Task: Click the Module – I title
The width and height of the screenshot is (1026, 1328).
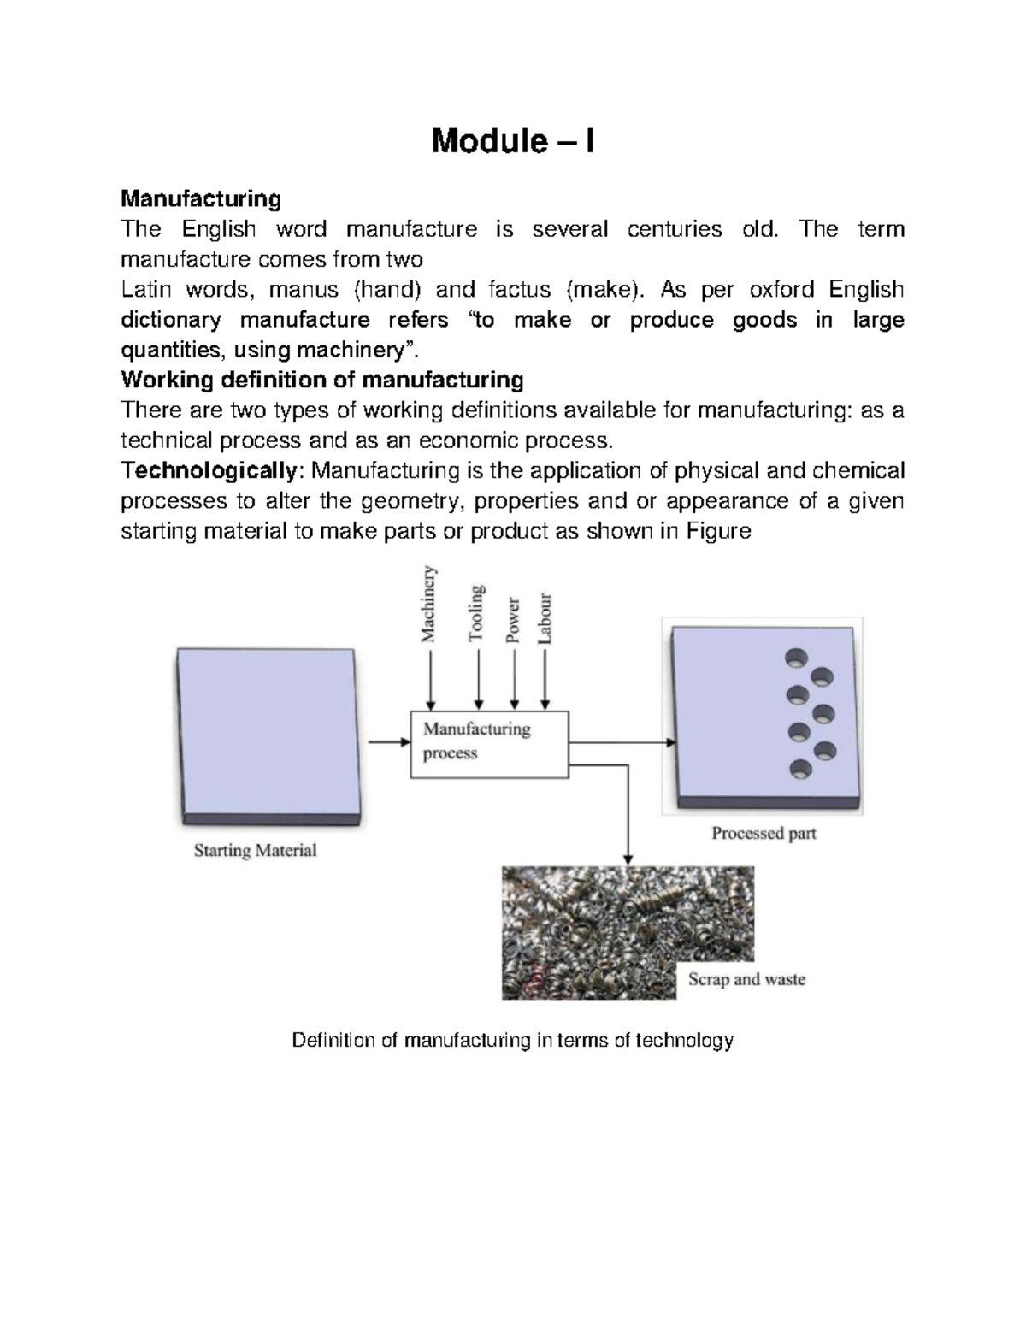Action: [512, 141]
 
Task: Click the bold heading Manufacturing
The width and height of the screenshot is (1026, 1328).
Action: [201, 199]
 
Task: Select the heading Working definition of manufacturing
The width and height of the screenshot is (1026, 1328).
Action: [322, 380]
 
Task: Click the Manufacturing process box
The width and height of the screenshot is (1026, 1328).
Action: [489, 742]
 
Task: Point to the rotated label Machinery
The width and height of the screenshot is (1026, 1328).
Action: [427, 605]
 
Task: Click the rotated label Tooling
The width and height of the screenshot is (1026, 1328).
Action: [476, 613]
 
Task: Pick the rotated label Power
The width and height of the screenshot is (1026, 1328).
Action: [512, 619]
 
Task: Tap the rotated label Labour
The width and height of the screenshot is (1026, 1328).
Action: [544, 619]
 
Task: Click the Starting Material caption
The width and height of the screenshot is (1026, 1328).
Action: [255, 851]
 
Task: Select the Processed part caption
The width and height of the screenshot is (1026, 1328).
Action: [764, 833]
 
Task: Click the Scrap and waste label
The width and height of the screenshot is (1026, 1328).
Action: [746, 979]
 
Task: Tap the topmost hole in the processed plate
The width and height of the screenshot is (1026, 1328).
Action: [796, 659]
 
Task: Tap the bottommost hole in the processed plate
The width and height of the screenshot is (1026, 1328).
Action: [801, 769]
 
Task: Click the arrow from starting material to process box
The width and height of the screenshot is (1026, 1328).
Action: [389, 741]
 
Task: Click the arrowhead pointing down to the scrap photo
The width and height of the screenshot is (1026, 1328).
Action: [628, 858]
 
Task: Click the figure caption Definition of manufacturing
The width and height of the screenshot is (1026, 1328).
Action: [512, 1041]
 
